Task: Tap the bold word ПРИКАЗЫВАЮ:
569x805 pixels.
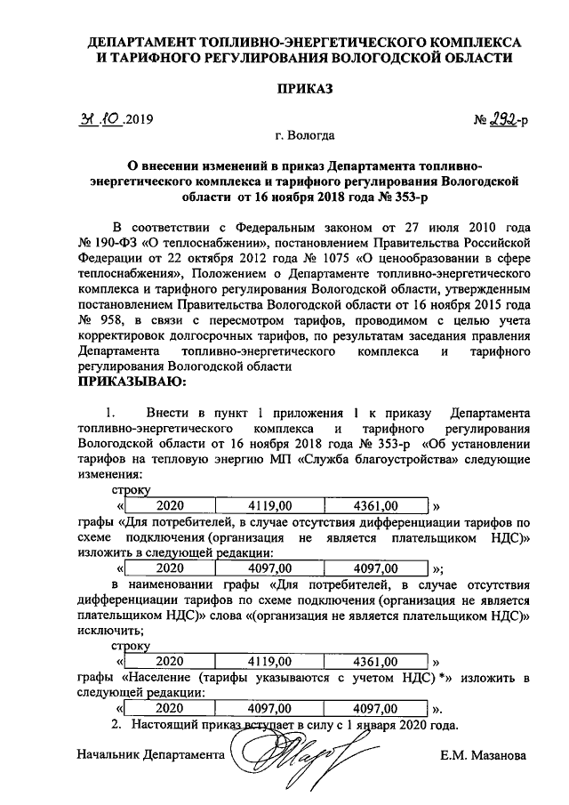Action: click(132, 382)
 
